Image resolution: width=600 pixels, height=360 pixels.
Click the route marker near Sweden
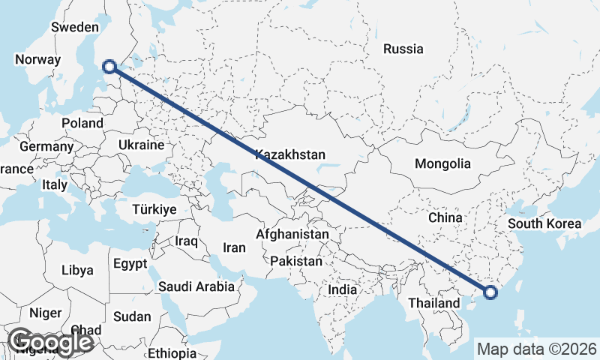pyautogui.click(x=109, y=66)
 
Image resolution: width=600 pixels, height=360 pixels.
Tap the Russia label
pyautogui.click(x=403, y=49)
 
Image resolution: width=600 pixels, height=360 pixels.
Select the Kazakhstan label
pyautogui.click(x=290, y=155)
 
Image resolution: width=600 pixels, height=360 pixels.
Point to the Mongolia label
pyautogui.click(x=442, y=163)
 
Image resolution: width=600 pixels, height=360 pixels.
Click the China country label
pyautogui.click(x=445, y=217)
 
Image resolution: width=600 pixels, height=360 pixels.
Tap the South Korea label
pyautogui.click(x=544, y=223)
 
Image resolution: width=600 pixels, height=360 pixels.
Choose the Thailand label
pyautogui.click(x=433, y=303)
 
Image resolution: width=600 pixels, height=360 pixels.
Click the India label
pyautogui.click(x=343, y=289)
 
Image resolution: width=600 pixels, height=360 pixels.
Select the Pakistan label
pyautogui.click(x=296, y=262)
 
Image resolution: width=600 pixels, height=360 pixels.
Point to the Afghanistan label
pyautogui.click(x=292, y=235)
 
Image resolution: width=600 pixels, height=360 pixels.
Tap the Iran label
pyautogui.click(x=235, y=247)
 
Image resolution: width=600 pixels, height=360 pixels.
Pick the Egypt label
pyautogui.click(x=131, y=264)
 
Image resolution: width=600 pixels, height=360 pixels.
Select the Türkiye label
pyautogui.click(x=154, y=209)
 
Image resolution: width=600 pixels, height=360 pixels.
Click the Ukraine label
pyautogui.click(x=141, y=145)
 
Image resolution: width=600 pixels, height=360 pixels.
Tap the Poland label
pyautogui.click(x=82, y=123)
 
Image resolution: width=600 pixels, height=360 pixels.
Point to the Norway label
pyautogui.click(x=37, y=60)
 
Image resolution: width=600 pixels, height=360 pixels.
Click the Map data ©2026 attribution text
pyautogui.click(x=537, y=349)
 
